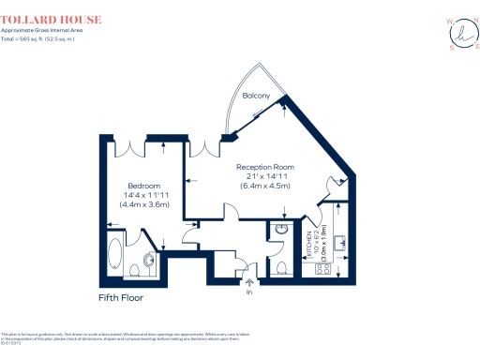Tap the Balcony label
click(257, 97)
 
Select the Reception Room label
click(271, 167)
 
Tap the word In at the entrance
click(249, 292)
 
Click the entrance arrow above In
click(249, 281)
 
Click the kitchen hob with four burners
click(324, 268)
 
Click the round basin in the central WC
click(282, 230)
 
